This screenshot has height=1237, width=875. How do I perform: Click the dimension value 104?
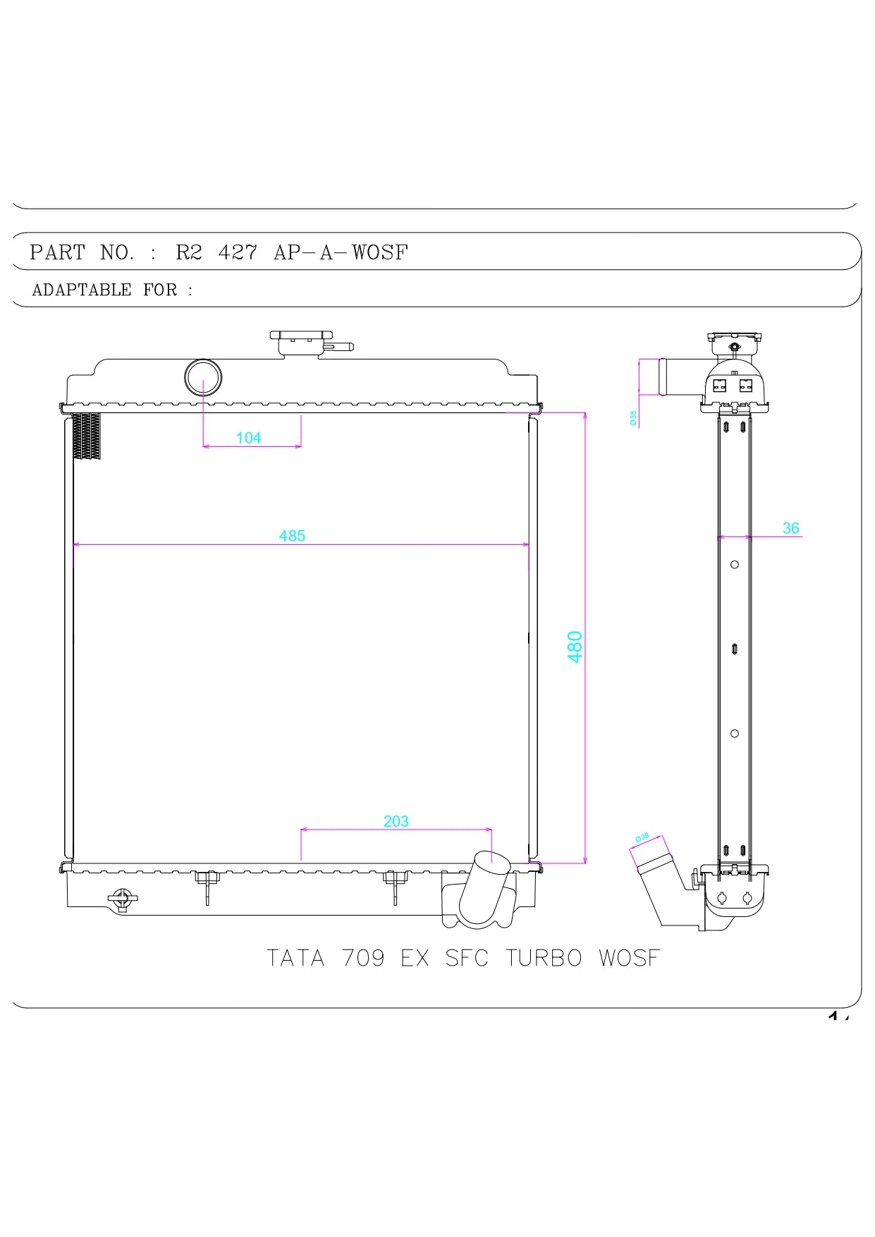248,438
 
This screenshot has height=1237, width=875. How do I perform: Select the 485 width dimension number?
292,536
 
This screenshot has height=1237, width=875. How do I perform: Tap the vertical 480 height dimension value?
575,646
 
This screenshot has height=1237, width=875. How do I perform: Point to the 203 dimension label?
396,821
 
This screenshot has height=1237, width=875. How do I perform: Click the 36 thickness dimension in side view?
790,528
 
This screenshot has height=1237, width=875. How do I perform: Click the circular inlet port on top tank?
203,378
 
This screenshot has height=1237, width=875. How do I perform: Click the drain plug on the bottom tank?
123,899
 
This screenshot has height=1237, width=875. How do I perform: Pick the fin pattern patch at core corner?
87,436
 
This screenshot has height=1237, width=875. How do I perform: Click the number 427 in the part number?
238,252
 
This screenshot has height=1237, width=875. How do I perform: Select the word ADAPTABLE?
82,290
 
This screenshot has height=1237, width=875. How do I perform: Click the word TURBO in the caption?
544,958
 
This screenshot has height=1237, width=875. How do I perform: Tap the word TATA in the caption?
295,958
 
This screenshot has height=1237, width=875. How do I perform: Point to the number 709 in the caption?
363,958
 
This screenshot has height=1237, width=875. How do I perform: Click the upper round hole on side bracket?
734,565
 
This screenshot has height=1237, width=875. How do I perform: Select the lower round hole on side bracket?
734,734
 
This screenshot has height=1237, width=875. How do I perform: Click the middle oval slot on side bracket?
734,648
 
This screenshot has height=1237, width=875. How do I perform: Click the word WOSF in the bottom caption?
629,958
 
